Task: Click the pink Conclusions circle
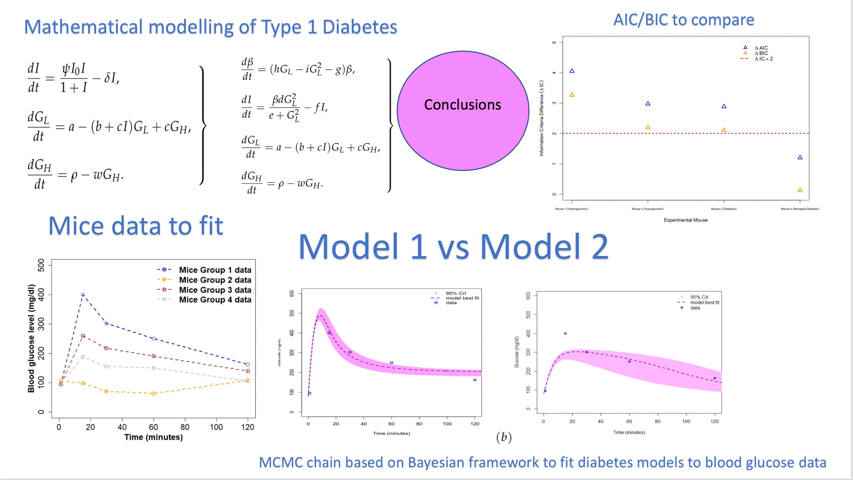click(463, 111)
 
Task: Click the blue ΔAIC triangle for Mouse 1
click(572, 71)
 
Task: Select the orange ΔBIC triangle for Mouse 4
click(800, 190)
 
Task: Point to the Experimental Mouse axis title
click(686, 220)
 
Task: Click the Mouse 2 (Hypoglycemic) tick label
click(647, 209)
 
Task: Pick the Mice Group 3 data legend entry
click(215, 290)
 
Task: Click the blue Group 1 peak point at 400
click(83, 295)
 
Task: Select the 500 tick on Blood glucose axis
click(41, 265)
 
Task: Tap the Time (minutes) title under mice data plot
click(153, 437)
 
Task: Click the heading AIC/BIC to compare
click(683, 20)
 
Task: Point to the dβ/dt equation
click(298, 69)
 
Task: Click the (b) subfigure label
click(504, 437)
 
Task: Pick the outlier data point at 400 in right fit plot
click(565, 333)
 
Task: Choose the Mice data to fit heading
click(136, 226)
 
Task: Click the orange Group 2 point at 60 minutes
click(154, 393)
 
